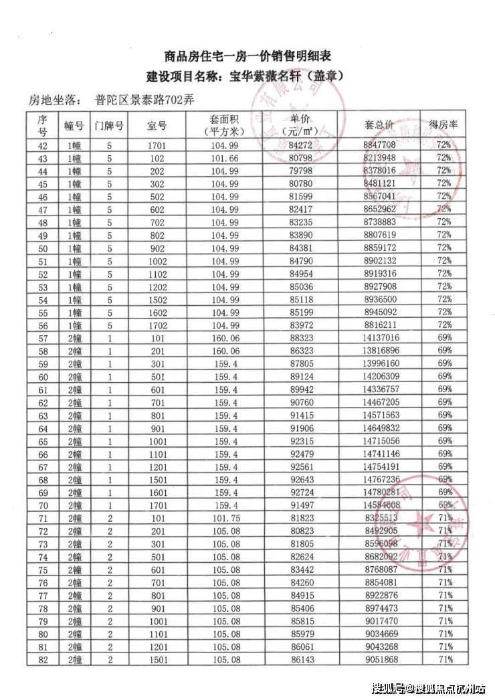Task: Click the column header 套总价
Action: tap(379, 124)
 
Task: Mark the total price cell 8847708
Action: tap(379, 145)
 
